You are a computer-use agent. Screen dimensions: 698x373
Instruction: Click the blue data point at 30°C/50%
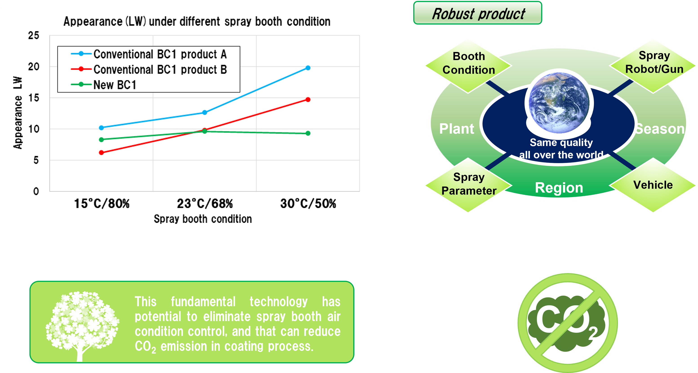pyautogui.click(x=308, y=68)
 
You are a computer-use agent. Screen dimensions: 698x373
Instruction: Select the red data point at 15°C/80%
pyautogui.click(x=101, y=153)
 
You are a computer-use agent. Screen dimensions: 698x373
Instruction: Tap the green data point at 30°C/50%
pyautogui.click(x=308, y=133)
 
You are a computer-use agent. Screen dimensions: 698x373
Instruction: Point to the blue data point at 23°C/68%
pyautogui.click(x=205, y=112)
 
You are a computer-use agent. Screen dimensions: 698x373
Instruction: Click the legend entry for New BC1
pyautogui.click(x=104, y=85)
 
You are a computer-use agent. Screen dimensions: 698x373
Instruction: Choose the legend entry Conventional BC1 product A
pyautogui.click(x=149, y=54)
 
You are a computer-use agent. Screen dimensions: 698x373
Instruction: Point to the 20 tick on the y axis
pyautogui.click(x=34, y=66)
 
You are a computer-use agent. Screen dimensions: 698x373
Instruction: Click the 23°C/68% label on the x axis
pyautogui.click(x=205, y=203)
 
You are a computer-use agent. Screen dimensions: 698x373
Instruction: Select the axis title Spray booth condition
pyautogui.click(x=203, y=219)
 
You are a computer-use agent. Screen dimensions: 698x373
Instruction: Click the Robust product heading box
pyautogui.click(x=478, y=13)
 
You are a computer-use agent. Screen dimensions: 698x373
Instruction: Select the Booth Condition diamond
pyautogui.click(x=468, y=66)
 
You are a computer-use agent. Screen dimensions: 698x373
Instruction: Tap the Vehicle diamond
pyautogui.click(x=653, y=185)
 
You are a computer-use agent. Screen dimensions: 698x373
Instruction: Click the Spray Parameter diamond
pyautogui.click(x=468, y=185)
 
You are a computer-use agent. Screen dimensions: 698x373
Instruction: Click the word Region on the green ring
pyautogui.click(x=559, y=187)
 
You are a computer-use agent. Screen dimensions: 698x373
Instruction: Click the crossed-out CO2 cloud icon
pyautogui.click(x=567, y=323)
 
